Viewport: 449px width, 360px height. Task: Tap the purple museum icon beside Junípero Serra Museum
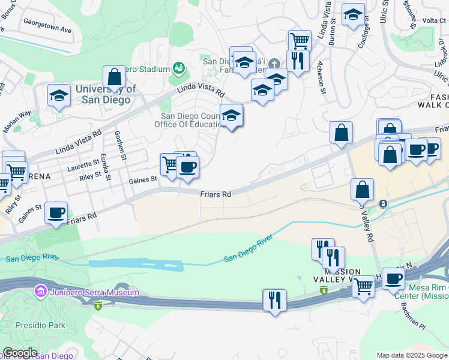point(41,292)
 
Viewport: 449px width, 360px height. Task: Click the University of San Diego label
point(103,94)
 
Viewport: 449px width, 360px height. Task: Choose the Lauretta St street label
point(82,163)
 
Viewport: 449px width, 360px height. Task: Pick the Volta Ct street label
point(433,20)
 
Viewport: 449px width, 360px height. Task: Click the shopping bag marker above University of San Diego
point(114,77)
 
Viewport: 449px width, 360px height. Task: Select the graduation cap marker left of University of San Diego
point(59,95)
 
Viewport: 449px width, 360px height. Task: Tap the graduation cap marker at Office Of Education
point(231,115)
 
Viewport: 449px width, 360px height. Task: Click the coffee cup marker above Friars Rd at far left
point(56,212)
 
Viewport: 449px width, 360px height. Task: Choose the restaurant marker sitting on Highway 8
point(274,299)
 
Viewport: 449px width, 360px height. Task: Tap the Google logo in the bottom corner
point(19,353)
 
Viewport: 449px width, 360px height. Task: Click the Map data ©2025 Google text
point(412,355)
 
